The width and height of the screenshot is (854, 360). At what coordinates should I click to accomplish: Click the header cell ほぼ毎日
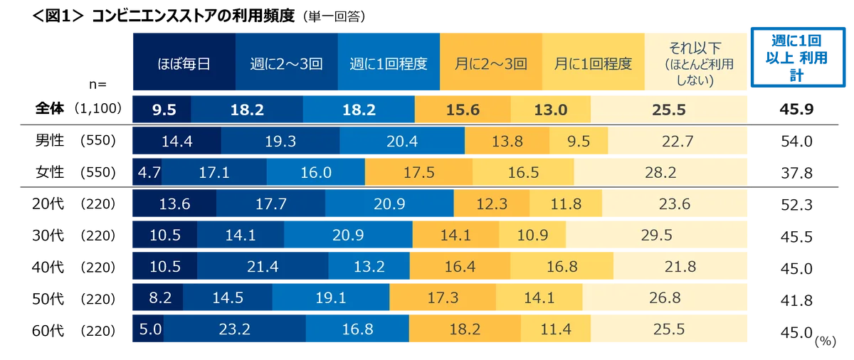(183, 63)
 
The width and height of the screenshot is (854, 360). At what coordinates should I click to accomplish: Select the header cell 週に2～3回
(287, 63)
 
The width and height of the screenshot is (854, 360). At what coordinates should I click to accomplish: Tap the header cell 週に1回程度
(389, 63)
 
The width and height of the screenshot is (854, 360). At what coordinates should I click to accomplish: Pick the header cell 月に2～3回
(491, 63)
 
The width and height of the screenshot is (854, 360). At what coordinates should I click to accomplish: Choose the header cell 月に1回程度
(593, 63)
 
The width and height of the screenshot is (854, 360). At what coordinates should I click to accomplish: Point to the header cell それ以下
(695, 63)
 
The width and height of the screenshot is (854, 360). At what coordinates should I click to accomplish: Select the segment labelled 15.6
(462, 110)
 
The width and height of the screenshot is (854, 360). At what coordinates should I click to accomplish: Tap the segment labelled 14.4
(176, 141)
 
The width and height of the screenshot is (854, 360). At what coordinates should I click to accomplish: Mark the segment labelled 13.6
(174, 204)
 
